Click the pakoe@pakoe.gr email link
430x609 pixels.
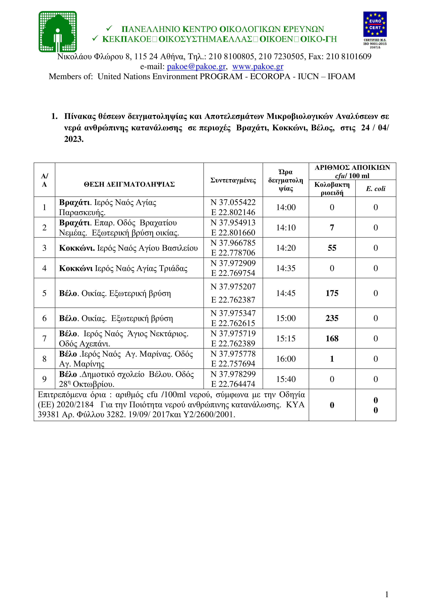point(196,66)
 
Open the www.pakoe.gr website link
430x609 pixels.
point(258,66)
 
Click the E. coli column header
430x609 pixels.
point(375,189)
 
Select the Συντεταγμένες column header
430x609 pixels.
point(233,180)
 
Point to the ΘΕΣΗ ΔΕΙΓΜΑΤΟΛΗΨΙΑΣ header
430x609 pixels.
point(129,184)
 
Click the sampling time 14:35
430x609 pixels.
point(286,268)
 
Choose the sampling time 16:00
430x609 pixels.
point(286,359)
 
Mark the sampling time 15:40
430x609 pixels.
point(286,379)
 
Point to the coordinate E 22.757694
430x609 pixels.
point(233,364)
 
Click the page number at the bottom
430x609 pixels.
point(387,594)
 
